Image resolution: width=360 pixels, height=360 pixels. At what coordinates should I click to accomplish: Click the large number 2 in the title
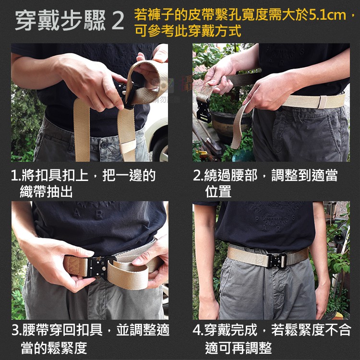click(118, 21)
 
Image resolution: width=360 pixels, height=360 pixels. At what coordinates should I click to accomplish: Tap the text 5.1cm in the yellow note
click(328, 15)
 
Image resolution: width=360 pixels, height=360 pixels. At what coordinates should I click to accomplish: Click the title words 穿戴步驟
click(60, 21)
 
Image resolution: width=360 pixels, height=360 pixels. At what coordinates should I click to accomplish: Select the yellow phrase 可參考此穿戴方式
click(188, 31)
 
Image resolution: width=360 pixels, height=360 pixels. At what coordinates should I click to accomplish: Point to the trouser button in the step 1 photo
click(104, 145)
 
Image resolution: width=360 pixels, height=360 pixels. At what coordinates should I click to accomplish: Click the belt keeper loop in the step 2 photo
click(323, 102)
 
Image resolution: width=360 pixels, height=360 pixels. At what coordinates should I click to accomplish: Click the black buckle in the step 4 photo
click(276, 260)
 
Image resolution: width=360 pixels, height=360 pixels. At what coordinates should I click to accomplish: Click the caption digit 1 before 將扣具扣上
click(14, 175)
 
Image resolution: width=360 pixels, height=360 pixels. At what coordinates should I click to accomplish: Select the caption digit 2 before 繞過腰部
click(197, 175)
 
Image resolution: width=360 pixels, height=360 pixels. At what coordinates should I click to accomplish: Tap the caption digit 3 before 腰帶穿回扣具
click(15, 330)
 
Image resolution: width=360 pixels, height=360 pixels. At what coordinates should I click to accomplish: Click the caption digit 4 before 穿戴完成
click(197, 330)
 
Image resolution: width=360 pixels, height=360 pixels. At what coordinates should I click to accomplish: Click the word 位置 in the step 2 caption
click(218, 192)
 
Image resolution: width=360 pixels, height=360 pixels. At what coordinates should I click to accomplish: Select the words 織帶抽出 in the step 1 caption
click(46, 192)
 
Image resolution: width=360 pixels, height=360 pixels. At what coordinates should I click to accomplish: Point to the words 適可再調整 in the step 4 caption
click(238, 348)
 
